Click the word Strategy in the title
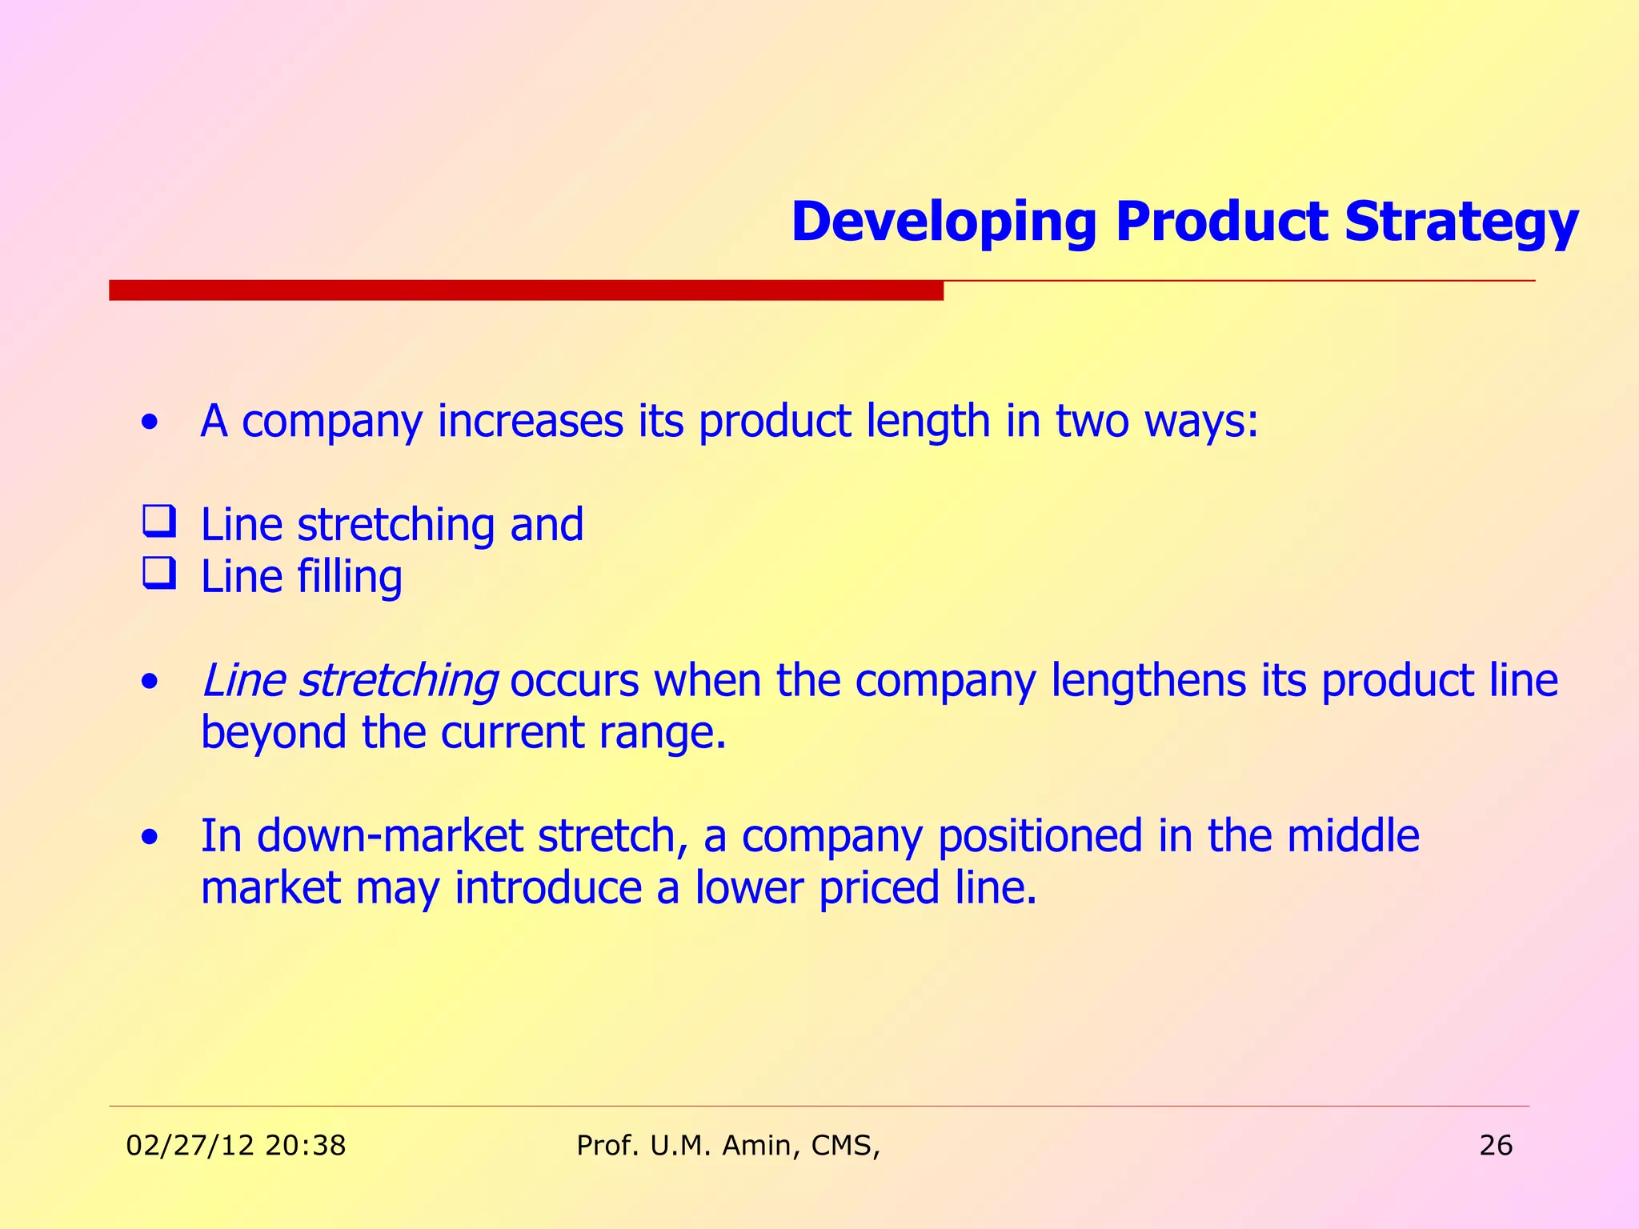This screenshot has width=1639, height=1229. (x=1461, y=222)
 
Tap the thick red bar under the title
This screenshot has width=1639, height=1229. (x=526, y=290)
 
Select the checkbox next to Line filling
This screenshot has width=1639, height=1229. (x=159, y=574)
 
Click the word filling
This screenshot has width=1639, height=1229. (x=350, y=577)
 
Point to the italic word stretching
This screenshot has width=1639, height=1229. (x=398, y=681)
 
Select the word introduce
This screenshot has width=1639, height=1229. (x=548, y=888)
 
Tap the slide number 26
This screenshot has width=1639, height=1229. (x=1496, y=1146)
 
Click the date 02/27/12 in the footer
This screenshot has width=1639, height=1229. (x=190, y=1146)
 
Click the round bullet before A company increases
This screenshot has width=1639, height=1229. (x=149, y=423)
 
